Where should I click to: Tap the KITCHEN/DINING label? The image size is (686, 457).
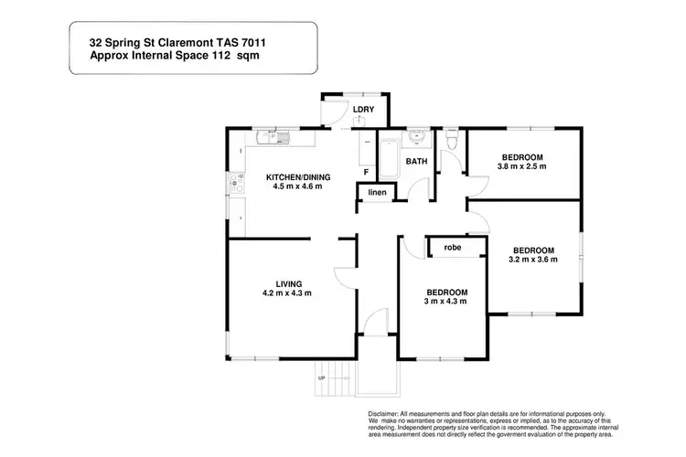(x=298, y=176)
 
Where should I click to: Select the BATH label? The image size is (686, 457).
(x=416, y=162)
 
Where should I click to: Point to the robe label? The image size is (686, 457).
(x=452, y=247)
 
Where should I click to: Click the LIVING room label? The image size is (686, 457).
(x=289, y=283)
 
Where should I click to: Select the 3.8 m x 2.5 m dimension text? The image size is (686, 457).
(x=521, y=166)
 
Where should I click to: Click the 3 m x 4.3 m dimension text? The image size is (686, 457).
(x=445, y=302)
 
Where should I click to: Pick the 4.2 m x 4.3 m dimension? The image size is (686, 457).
(x=288, y=293)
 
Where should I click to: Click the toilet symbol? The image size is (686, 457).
(x=452, y=140)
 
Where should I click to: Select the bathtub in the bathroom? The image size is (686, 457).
(x=389, y=158)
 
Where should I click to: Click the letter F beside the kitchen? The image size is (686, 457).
(x=366, y=171)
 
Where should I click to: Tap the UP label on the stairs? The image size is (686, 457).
(x=321, y=377)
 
